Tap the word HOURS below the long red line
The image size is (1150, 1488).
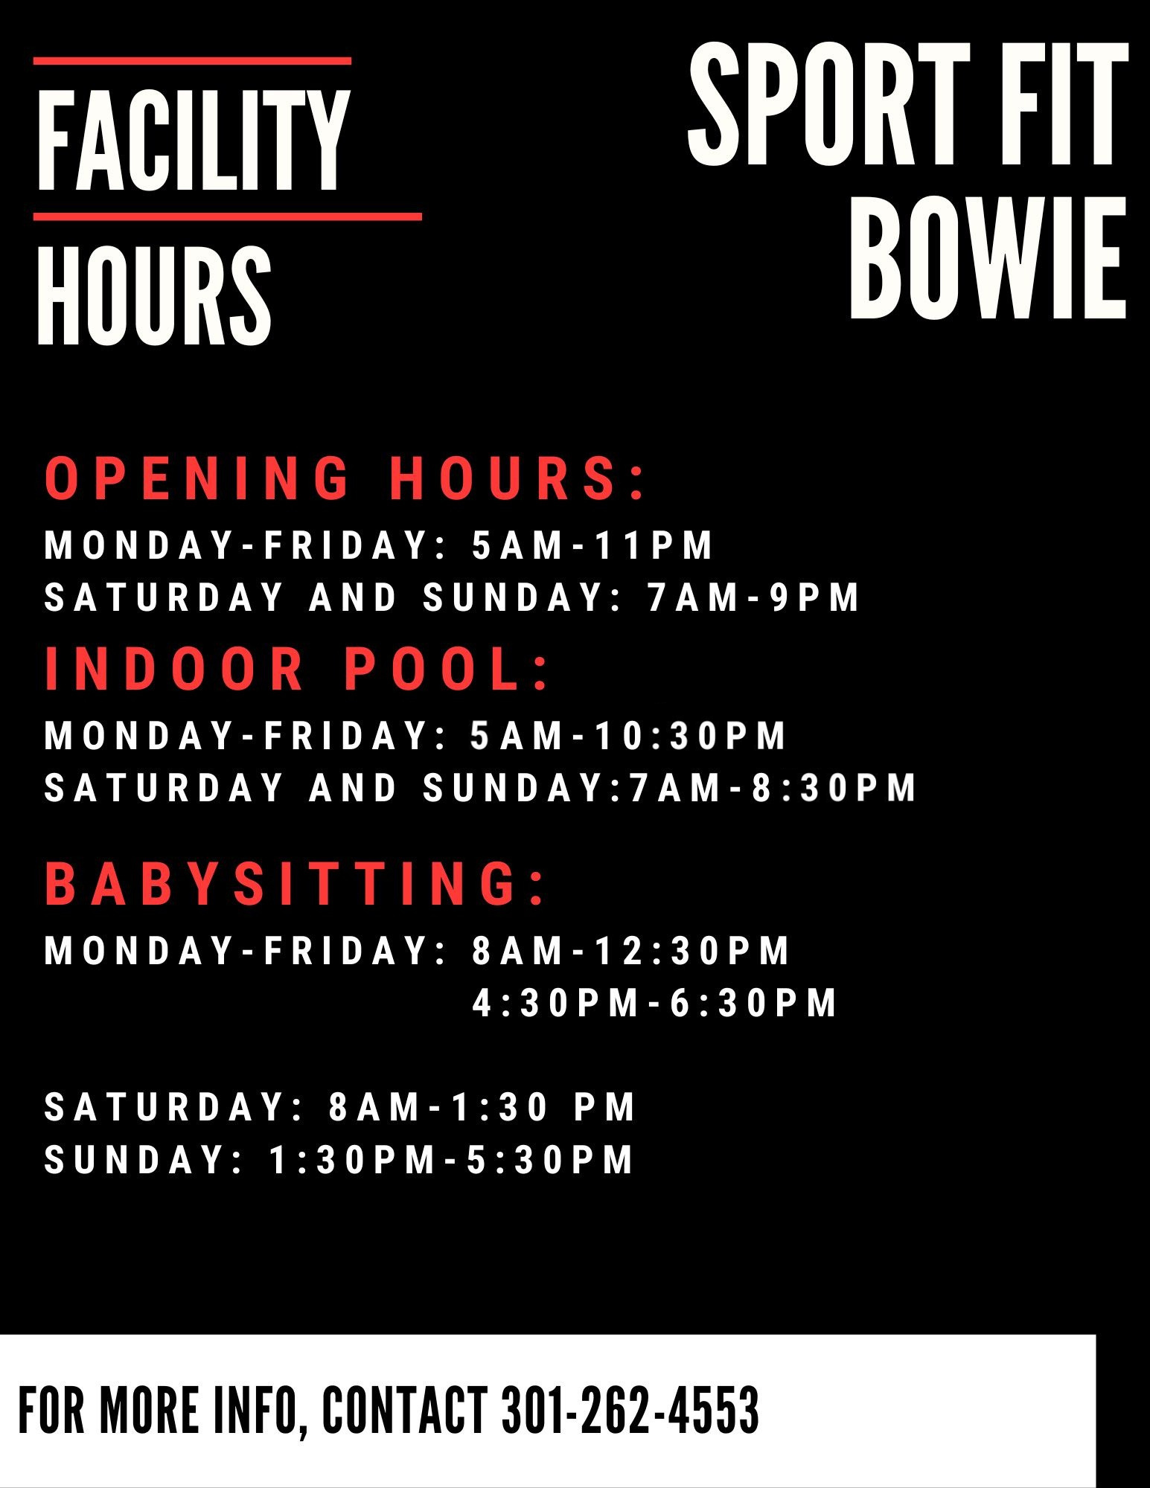pos(155,295)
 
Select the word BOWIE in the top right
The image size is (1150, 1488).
pos(988,260)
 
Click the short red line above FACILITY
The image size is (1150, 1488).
pos(192,61)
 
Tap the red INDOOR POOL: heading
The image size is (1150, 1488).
pos(296,668)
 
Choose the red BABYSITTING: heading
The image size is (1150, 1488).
pos(295,883)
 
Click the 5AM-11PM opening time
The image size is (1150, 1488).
pos(592,545)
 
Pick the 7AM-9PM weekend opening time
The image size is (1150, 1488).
pos(753,597)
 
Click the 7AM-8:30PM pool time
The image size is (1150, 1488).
pos(773,788)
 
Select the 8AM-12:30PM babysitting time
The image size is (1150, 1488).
pos(630,951)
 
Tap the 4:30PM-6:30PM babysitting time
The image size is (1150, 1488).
pos(655,1003)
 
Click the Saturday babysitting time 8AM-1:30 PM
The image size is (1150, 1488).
pos(482,1107)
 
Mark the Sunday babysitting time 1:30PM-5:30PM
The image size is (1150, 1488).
pos(451,1160)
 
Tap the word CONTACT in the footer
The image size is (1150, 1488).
pos(405,1410)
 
